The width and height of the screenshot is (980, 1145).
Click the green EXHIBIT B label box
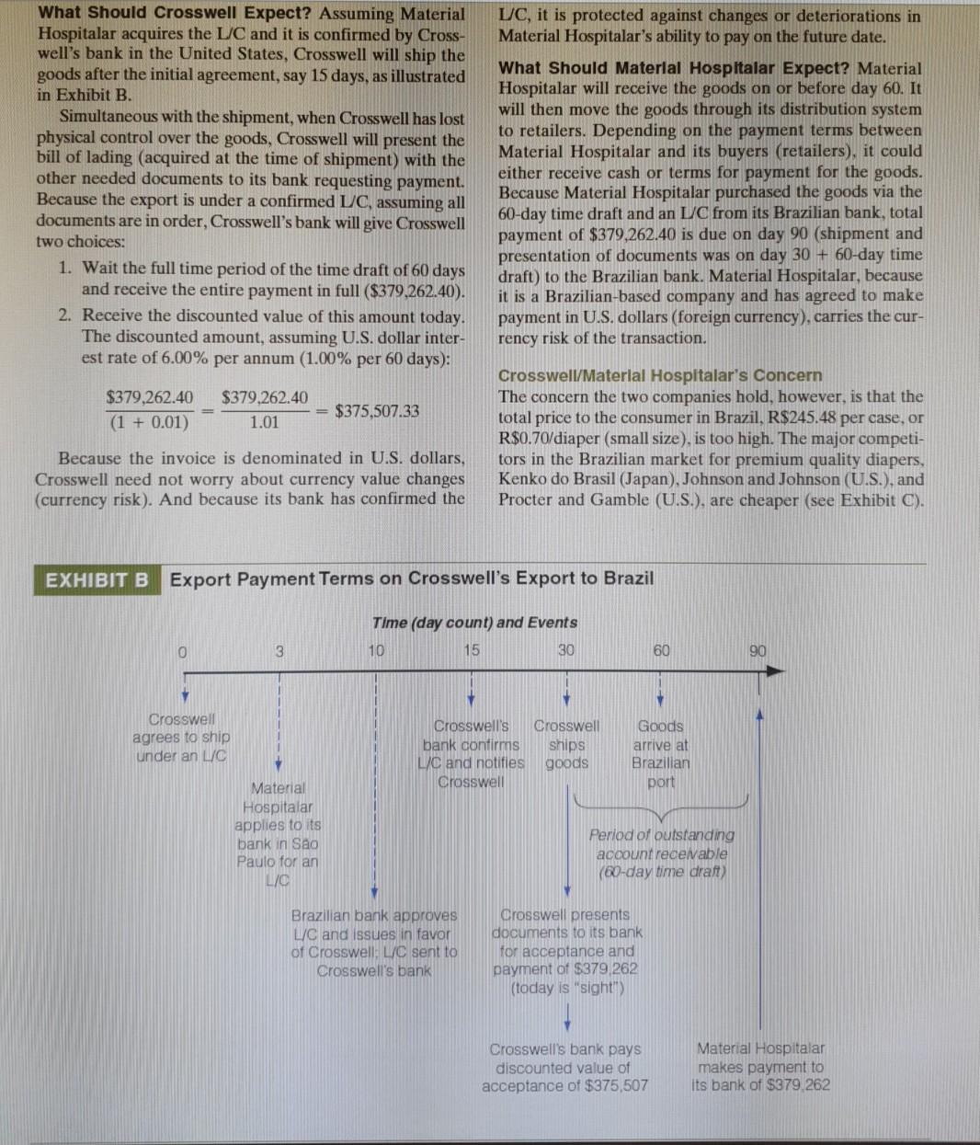click(97, 579)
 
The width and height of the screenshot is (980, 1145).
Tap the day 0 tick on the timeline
click(184, 651)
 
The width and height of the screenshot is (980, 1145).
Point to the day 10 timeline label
click(375, 651)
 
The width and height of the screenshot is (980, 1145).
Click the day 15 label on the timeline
click(471, 651)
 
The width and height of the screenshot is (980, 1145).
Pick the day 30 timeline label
click(565, 651)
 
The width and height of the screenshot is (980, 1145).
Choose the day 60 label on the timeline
click(661, 651)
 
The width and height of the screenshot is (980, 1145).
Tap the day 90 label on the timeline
click(758, 651)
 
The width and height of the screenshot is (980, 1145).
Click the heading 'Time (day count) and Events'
click(474, 623)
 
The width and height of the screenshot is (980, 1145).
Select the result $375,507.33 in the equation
click(377, 411)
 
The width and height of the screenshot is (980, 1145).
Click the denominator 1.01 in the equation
click(264, 423)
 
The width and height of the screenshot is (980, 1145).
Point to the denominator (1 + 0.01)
click(149, 423)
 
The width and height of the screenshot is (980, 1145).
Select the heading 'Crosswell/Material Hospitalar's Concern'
click(659, 375)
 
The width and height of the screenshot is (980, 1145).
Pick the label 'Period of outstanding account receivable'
click(661, 844)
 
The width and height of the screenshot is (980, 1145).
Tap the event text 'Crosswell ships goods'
click(566, 745)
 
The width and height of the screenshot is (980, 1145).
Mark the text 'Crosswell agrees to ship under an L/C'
click(182, 738)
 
